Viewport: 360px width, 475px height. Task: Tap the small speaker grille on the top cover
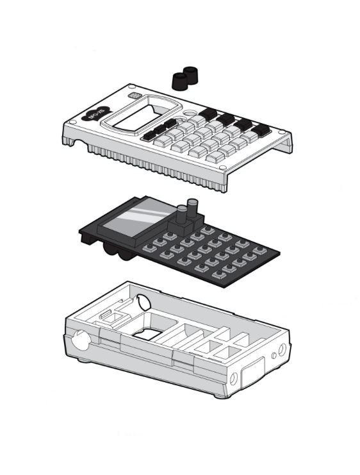pyautogui.click(x=134, y=96)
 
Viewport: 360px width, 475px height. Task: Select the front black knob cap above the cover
pyautogui.click(x=180, y=80)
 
